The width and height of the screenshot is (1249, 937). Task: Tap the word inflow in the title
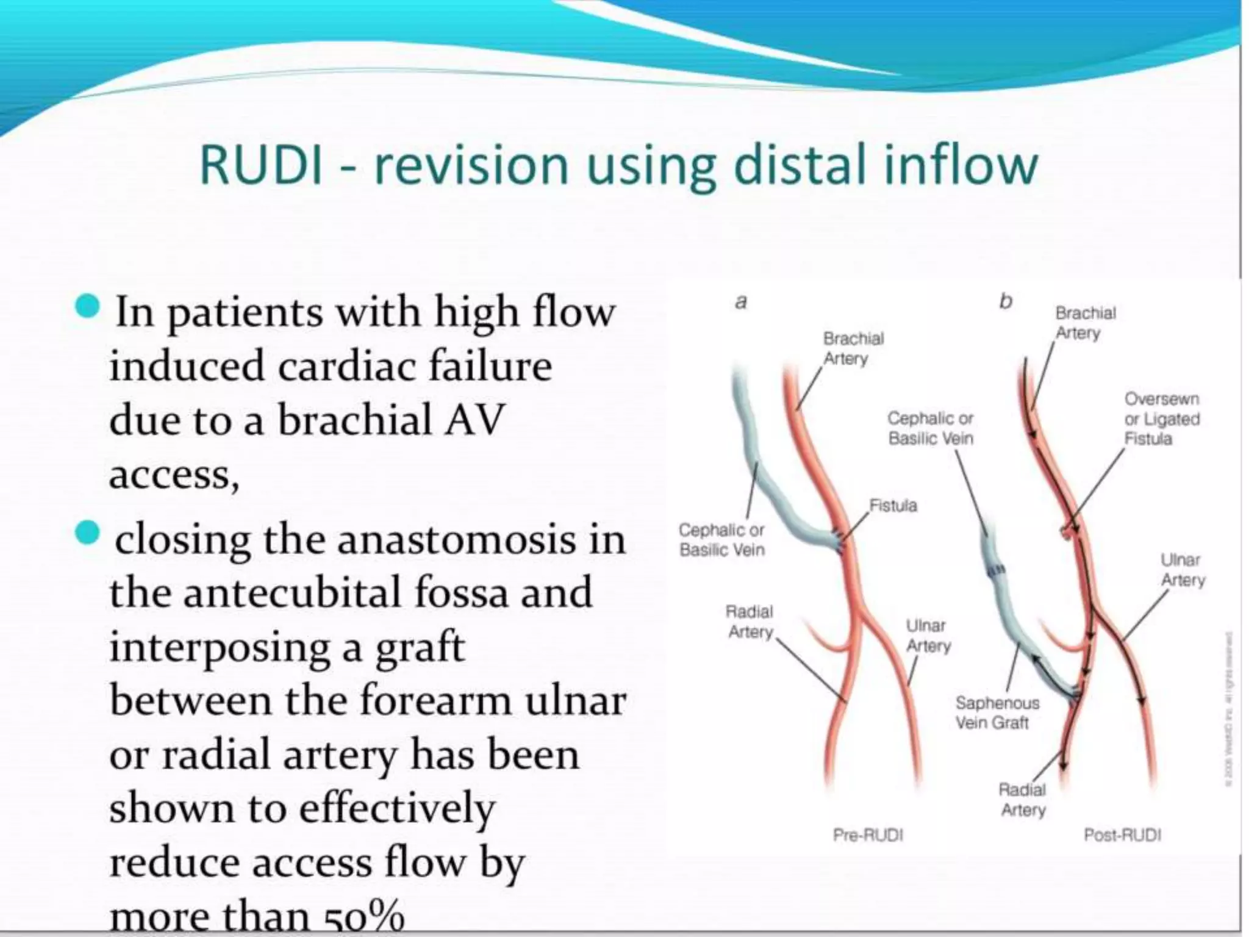[x=960, y=165]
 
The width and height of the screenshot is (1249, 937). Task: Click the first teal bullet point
[x=88, y=307]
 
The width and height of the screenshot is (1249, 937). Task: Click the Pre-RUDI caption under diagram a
[x=867, y=835]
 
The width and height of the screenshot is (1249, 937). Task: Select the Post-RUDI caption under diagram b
[x=1122, y=835]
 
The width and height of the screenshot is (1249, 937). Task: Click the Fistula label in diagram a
[x=893, y=506]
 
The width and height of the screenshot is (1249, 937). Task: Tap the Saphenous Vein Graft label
[x=997, y=713]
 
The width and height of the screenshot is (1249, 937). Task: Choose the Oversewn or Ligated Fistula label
[x=1161, y=419]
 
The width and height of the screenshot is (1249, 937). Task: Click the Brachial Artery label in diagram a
[x=852, y=348]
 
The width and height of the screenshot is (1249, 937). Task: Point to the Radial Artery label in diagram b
[x=1022, y=800]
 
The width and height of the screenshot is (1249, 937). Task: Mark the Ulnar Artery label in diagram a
[x=927, y=636]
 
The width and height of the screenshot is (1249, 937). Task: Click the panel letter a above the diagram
[x=741, y=302]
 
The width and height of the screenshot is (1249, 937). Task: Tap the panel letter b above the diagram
[x=1006, y=301]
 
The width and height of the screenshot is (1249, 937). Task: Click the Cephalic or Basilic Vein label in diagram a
[x=721, y=540]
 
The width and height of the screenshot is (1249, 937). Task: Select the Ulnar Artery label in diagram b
[x=1182, y=570]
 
